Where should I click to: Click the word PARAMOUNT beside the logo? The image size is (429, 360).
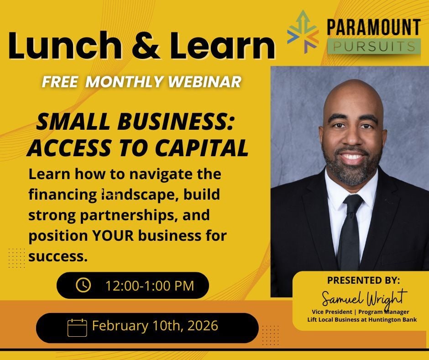click(373, 27)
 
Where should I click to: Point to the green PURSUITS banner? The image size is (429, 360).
click(373, 46)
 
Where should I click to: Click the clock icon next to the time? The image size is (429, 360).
click(83, 286)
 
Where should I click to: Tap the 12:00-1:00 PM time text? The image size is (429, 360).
click(150, 286)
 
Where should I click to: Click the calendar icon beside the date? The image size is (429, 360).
click(77, 327)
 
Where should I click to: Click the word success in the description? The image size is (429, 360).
click(58, 256)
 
